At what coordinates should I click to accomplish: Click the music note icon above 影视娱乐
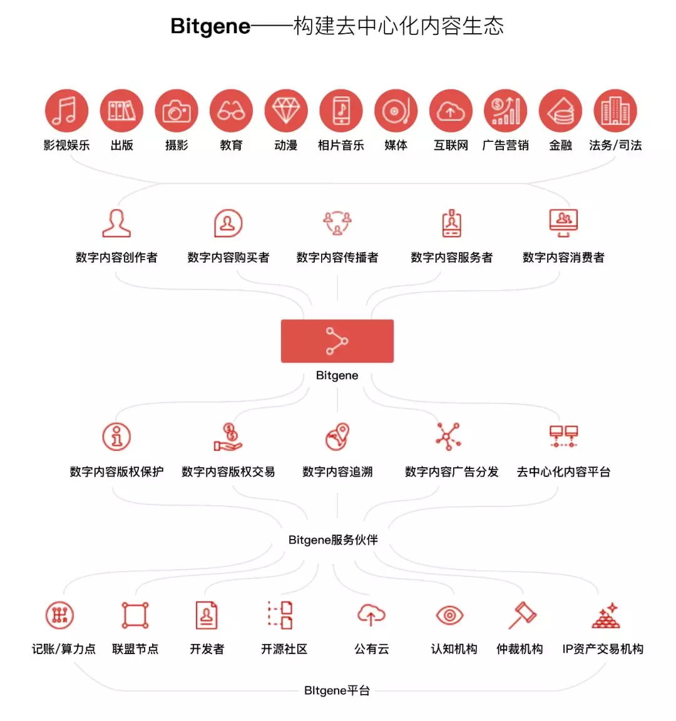click(x=66, y=111)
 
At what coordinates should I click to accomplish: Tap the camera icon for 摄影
click(x=177, y=111)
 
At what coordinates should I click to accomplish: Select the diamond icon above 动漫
click(x=286, y=111)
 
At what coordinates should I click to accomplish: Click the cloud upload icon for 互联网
click(x=451, y=111)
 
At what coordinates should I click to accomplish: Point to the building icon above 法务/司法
click(x=615, y=111)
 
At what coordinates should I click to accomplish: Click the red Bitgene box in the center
click(x=337, y=341)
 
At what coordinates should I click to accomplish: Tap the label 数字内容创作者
click(x=116, y=257)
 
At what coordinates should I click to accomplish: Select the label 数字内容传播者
click(x=337, y=257)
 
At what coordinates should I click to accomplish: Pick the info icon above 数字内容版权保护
click(x=116, y=436)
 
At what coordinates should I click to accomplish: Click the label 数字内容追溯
click(x=337, y=471)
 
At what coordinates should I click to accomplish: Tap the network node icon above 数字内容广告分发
click(x=449, y=436)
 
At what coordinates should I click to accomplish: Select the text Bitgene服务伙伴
click(x=333, y=540)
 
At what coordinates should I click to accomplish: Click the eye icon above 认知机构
click(x=449, y=615)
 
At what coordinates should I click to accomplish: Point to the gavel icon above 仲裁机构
click(x=521, y=615)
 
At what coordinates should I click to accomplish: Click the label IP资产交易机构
click(x=603, y=649)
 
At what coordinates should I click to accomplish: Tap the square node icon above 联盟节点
click(x=135, y=615)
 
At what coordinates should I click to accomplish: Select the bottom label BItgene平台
click(x=337, y=690)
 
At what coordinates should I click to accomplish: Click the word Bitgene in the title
click(x=210, y=27)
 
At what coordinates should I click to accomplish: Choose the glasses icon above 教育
click(x=231, y=111)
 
